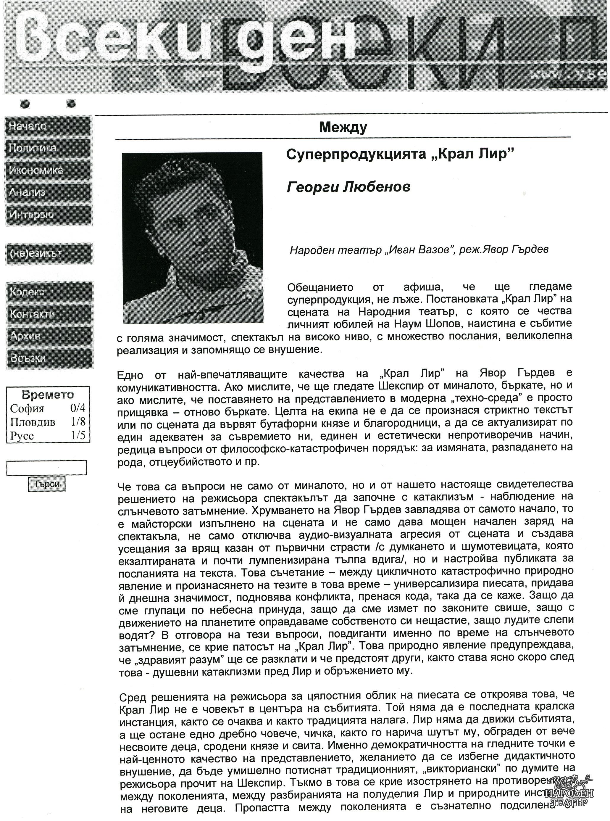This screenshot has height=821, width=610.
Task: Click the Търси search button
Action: point(46,484)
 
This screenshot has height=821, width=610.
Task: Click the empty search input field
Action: point(46,468)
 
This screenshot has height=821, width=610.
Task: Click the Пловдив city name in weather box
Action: point(33,422)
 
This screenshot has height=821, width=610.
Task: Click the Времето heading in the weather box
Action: point(48,395)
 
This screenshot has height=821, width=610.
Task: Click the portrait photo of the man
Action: point(192,238)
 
